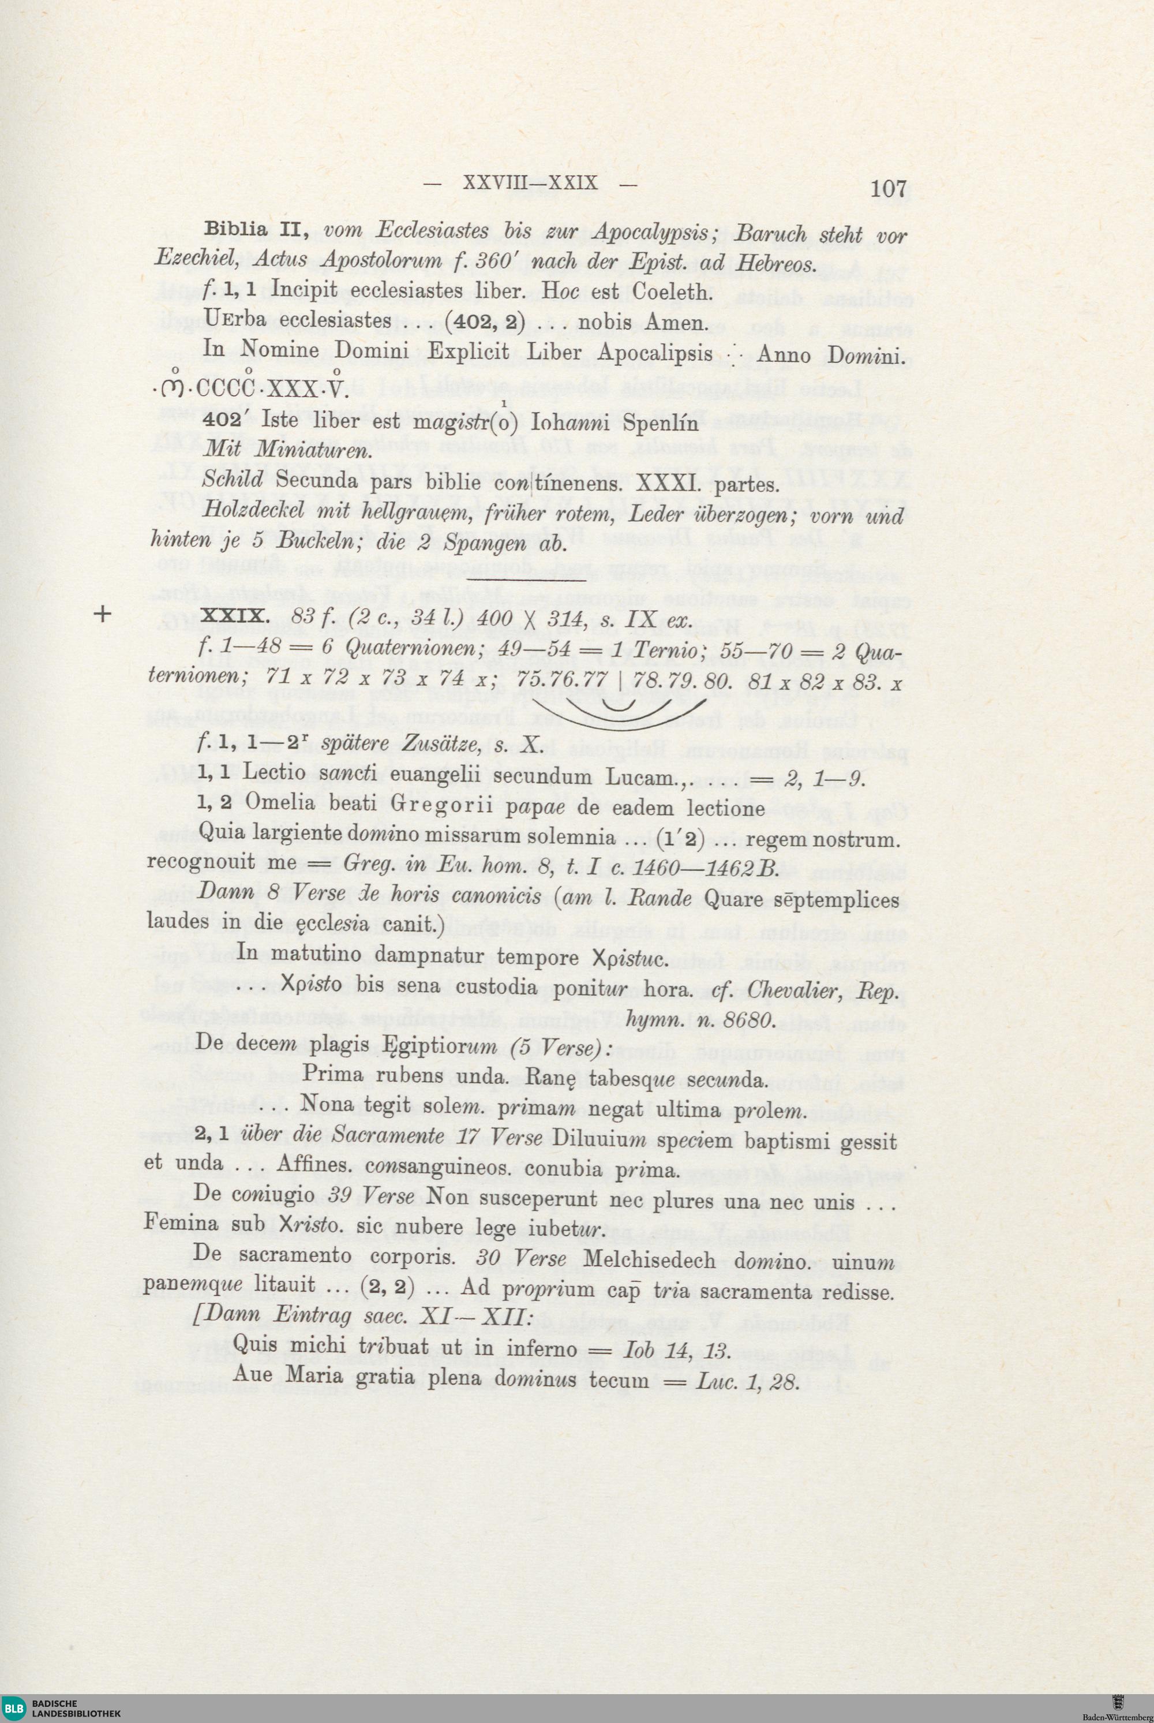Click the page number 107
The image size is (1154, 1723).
point(889,189)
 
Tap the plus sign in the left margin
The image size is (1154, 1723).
point(104,614)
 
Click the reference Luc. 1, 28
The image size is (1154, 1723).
point(745,1381)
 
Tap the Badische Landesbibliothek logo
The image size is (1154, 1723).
point(62,1706)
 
